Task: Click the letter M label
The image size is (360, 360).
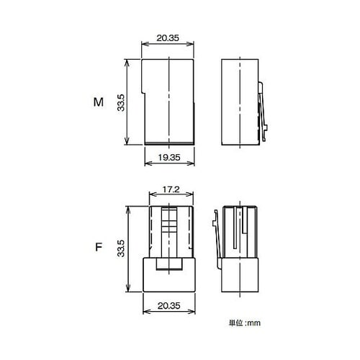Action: pos(99,102)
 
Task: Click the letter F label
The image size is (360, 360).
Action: pos(99,247)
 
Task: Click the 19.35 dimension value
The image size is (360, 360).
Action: pos(169,158)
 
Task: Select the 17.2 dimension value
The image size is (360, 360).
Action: pos(171,189)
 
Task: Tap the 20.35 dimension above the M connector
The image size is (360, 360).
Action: pos(168,38)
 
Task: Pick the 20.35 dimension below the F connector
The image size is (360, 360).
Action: pos(168,306)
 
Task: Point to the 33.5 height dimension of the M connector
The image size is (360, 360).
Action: pos(121,103)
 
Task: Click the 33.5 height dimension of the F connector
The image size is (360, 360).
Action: pos(121,248)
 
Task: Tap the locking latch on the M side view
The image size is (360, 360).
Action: pos(263,112)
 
